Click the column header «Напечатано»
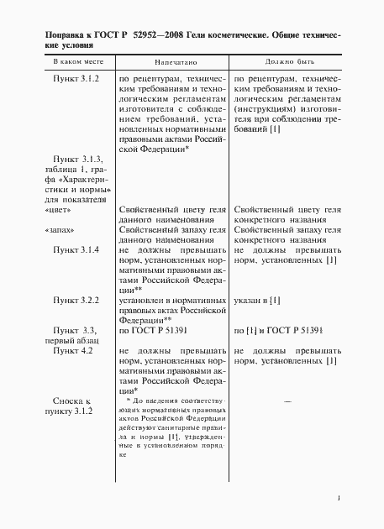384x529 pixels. tap(172, 63)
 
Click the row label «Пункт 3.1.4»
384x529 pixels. tap(76, 250)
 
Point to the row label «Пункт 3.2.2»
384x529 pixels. tap(76, 300)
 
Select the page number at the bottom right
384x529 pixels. tap(337, 498)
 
